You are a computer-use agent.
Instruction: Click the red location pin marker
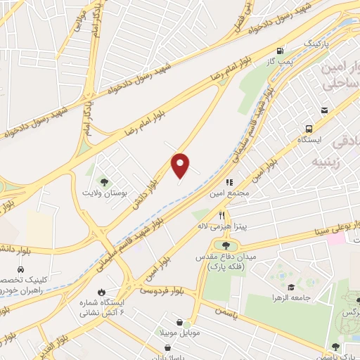181,165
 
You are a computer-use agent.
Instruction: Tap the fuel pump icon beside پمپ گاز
281,51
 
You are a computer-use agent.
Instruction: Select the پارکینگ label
315,44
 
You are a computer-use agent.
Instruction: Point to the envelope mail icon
324,110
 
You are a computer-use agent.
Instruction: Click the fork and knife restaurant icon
223,215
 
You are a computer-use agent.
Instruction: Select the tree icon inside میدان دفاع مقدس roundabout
226,245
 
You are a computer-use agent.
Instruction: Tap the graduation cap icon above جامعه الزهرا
290,287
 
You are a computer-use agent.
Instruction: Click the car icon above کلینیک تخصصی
20,270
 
